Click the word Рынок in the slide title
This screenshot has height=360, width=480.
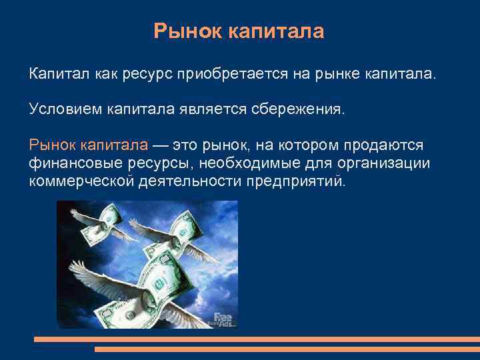185,31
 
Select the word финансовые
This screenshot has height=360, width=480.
69,163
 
